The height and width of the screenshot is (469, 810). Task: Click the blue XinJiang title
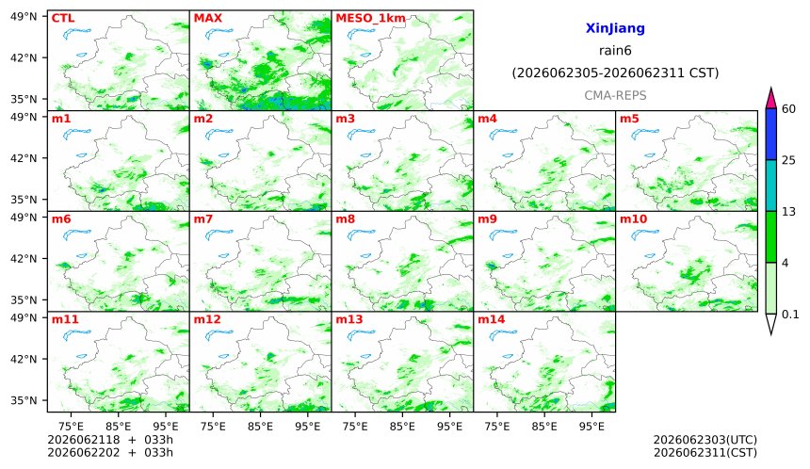click(x=615, y=28)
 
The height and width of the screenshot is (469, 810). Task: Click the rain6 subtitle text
click(x=615, y=51)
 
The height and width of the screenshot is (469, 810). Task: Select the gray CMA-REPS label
click(x=615, y=95)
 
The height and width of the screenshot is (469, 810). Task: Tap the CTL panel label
click(x=63, y=18)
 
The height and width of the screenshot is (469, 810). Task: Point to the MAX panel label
click(x=207, y=18)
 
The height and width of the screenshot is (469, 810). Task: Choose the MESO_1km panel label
click(x=370, y=19)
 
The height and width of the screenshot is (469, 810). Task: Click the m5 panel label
click(x=629, y=119)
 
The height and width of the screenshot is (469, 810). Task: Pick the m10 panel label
click(x=633, y=219)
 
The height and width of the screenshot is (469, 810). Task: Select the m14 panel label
click(x=491, y=319)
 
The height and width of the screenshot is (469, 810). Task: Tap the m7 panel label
click(x=203, y=219)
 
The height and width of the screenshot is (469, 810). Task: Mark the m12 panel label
click(x=206, y=319)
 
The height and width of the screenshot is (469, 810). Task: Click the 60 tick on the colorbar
click(x=788, y=109)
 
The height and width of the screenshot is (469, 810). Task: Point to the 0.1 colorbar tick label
click(x=790, y=314)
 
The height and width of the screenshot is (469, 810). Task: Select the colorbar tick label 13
click(x=788, y=211)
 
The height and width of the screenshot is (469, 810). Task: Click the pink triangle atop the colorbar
click(x=770, y=99)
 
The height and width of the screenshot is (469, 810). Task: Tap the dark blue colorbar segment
click(x=770, y=135)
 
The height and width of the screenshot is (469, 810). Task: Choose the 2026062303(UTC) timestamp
click(x=705, y=440)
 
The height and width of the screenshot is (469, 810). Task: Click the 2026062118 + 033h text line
click(x=110, y=440)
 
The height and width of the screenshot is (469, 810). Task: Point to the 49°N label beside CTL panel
click(x=24, y=17)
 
